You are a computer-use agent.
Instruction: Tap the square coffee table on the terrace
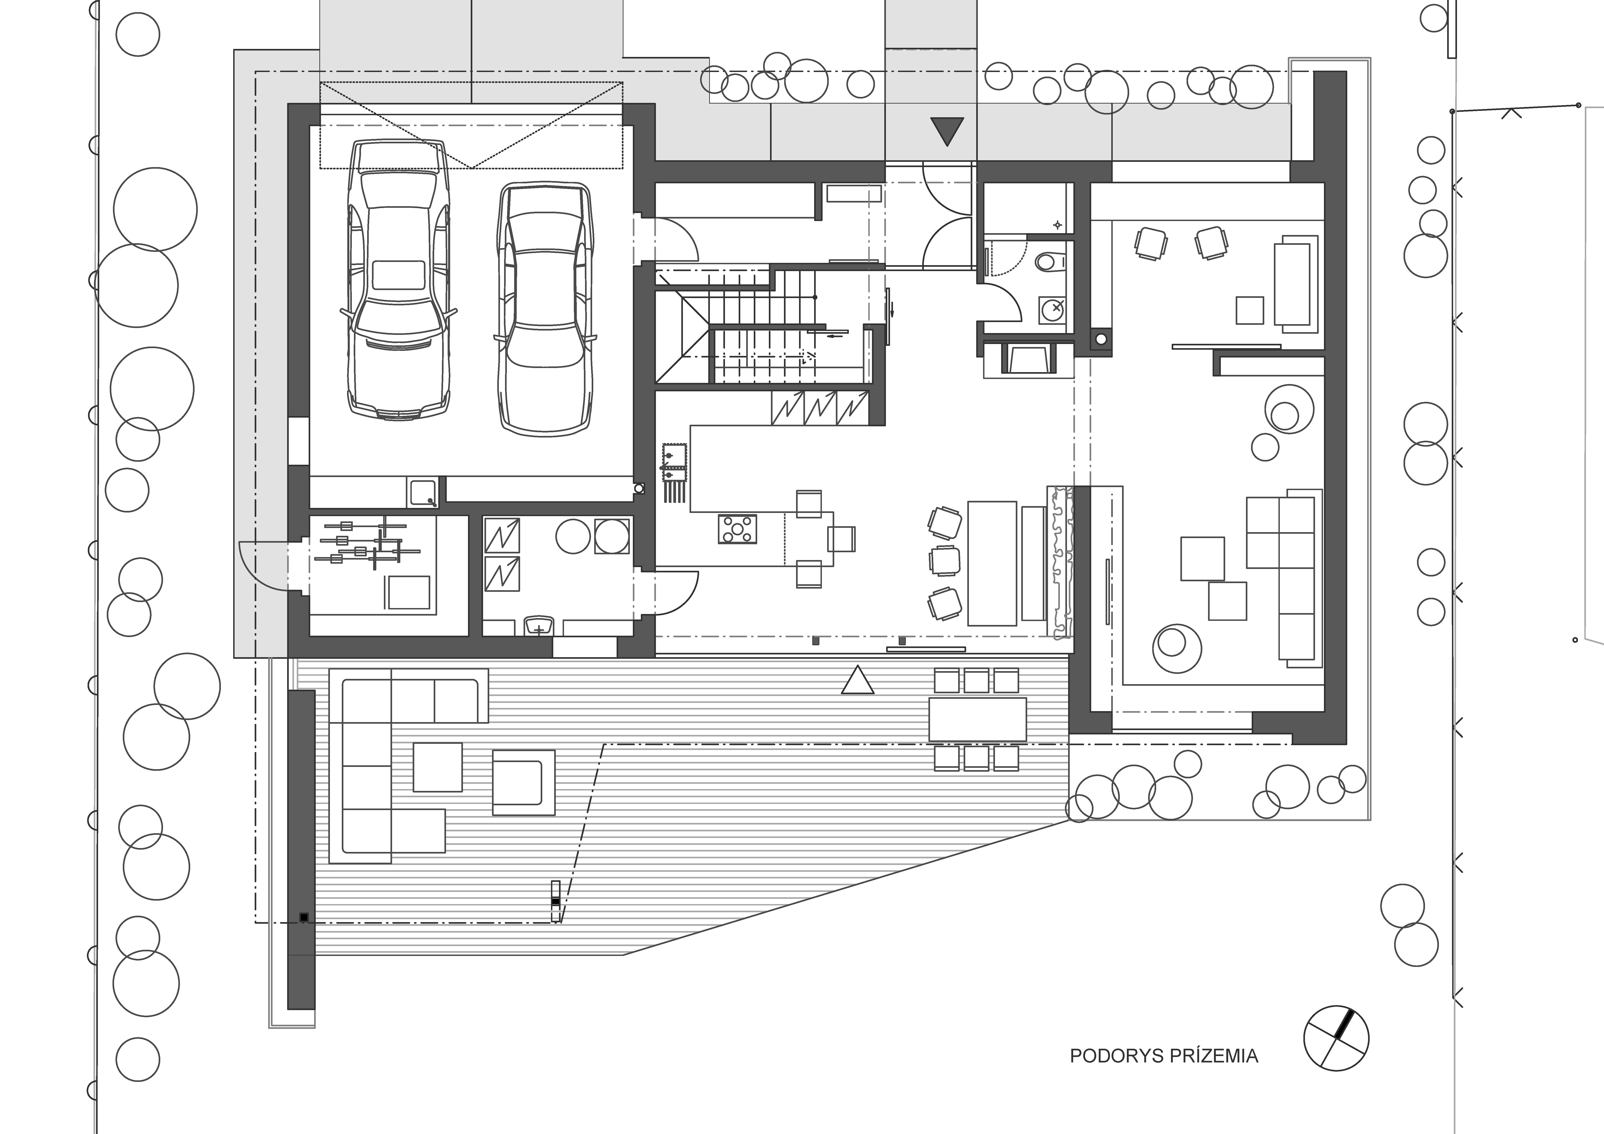(x=437, y=766)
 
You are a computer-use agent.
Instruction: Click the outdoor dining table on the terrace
(x=977, y=720)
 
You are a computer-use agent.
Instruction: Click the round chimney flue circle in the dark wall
(x=1101, y=340)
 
